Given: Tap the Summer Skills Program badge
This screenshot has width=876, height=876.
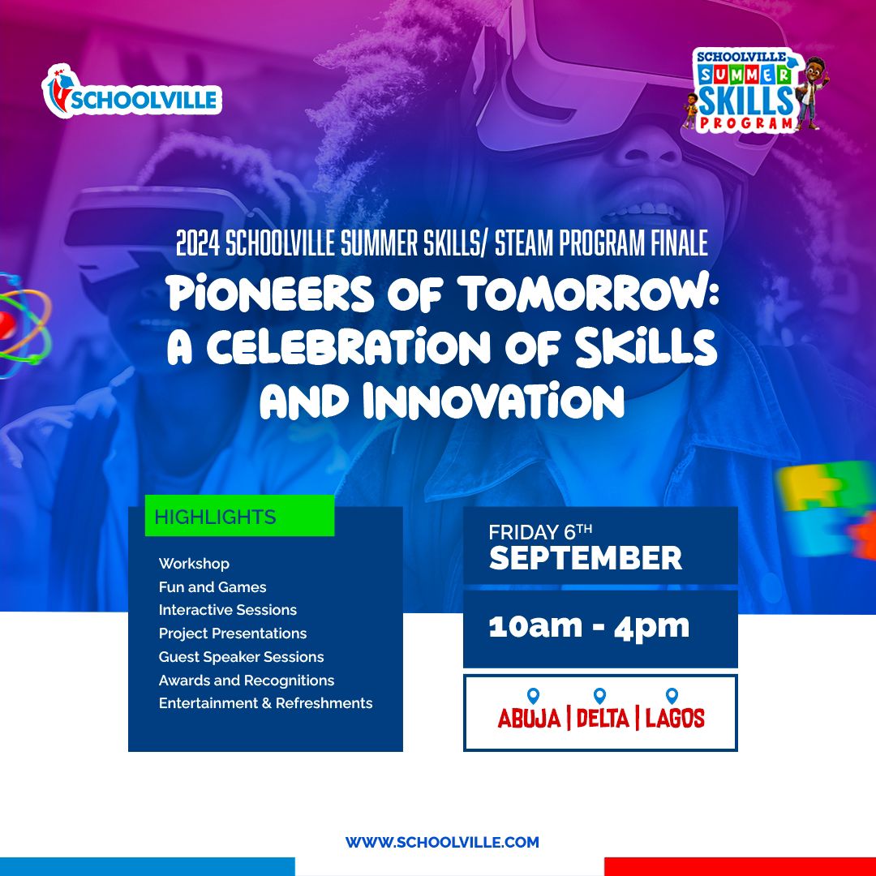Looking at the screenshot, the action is (755, 91).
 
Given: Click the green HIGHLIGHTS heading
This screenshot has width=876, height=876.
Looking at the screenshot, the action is (239, 516).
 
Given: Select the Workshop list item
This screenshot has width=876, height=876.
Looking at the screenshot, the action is (194, 564).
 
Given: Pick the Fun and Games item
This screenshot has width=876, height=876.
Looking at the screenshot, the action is (213, 586).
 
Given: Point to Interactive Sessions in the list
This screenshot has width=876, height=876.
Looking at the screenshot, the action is (227, 609).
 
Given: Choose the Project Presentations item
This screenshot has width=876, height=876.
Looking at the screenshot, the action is (233, 633).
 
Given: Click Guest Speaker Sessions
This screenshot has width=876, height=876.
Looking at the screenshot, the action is (241, 656).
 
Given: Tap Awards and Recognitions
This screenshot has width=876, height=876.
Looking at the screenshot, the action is (247, 680).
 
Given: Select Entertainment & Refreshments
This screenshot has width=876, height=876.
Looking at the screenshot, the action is (265, 702).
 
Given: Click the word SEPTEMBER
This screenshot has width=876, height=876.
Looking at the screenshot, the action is (586, 557).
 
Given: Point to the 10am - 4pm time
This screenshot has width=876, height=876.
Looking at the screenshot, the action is (589, 627).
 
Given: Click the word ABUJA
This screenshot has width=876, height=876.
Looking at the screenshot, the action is (529, 718).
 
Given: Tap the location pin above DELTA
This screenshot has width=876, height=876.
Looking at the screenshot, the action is (599, 696).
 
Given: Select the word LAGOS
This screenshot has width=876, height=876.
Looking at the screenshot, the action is (675, 718).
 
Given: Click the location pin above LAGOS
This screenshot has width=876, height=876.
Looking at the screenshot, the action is (672, 696).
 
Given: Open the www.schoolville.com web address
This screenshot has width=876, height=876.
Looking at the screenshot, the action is (442, 842).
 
